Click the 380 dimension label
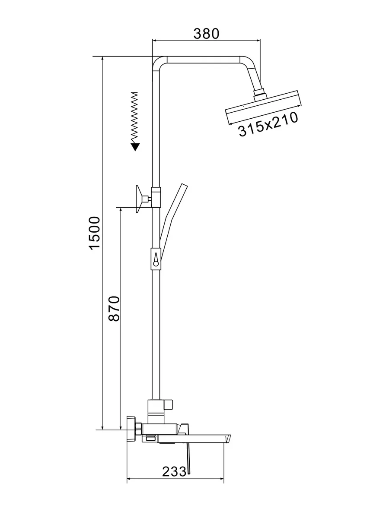206,34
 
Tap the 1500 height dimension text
95,233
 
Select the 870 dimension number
114,308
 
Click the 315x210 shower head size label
268,124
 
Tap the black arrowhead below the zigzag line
135,147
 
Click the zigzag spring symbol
134,117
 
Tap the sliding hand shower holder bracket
156,259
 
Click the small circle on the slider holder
156,264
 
